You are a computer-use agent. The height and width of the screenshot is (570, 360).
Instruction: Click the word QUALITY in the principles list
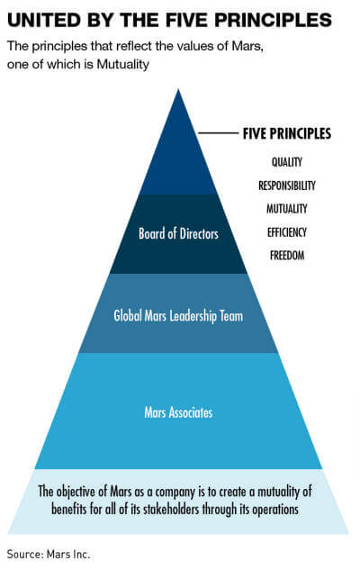pos(286,162)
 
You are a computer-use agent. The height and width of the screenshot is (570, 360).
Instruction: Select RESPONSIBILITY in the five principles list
pos(286,185)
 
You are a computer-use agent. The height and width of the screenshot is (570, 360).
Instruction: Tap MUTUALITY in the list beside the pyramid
pos(286,209)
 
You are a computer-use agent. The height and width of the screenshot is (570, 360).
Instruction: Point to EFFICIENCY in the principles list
pos(286,232)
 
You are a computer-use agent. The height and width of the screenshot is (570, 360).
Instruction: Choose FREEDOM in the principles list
pos(286,255)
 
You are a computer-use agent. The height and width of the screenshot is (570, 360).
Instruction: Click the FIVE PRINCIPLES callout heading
pos(286,133)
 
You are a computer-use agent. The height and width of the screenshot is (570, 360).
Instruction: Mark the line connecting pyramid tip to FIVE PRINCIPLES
pos(218,133)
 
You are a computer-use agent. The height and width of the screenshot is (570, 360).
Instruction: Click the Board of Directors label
pos(178,233)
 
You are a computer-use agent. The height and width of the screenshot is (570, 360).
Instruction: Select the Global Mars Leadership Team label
pos(178,315)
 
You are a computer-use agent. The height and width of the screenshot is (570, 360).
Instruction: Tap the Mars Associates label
pos(178,412)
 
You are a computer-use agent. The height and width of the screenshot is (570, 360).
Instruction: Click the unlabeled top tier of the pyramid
pos(178,160)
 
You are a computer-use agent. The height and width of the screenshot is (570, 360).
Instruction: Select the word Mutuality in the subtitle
pos(122,64)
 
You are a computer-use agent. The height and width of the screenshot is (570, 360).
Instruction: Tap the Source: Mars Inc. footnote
pos(49,555)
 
